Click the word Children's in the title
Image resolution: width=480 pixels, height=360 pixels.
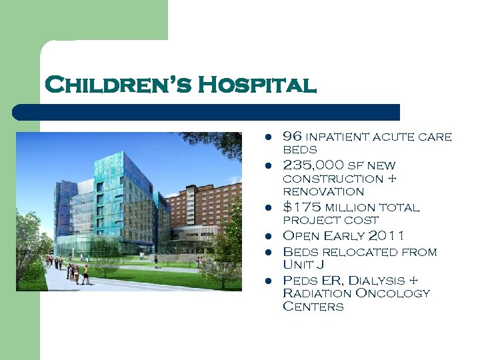coord(117,86)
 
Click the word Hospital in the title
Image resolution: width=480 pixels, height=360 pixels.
coord(257,86)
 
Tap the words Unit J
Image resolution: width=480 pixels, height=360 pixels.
coord(304,265)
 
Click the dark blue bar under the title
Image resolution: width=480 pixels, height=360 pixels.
coord(220,112)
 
